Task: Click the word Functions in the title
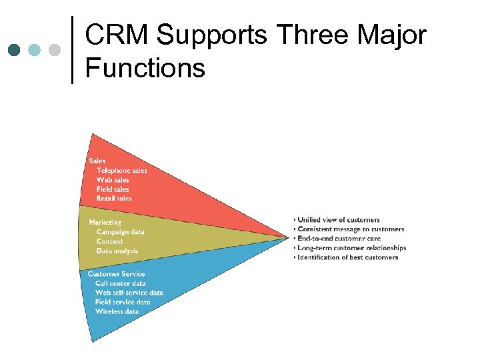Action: [x=145, y=67]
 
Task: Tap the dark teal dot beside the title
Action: [x=14, y=50]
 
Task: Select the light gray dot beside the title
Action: [x=55, y=50]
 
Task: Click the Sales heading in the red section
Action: [x=97, y=161]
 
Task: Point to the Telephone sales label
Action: [x=121, y=171]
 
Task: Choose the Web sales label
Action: [x=113, y=180]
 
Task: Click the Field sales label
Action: [x=114, y=189]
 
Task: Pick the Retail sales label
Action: [x=114, y=199]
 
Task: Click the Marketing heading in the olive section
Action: [x=105, y=222]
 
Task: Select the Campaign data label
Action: [x=120, y=232]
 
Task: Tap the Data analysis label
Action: [x=117, y=251]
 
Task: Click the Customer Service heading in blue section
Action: [x=116, y=274]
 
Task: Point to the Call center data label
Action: [x=121, y=283]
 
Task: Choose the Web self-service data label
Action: [x=129, y=293]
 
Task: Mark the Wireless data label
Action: [x=117, y=311]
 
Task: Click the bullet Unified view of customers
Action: [x=338, y=220]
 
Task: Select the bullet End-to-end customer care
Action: [x=339, y=239]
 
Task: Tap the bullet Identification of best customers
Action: [x=347, y=257]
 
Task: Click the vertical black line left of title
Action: [x=72, y=50]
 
